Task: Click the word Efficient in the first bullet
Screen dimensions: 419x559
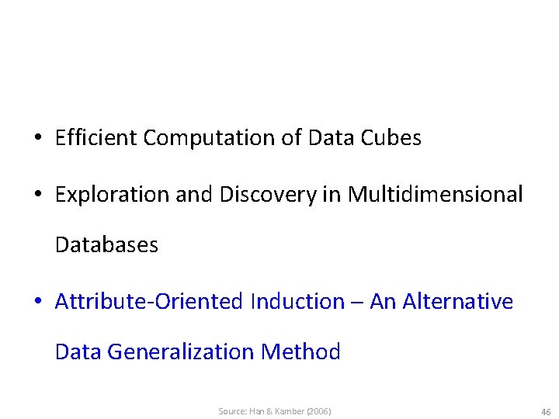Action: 96,138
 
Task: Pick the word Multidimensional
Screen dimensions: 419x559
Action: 436,194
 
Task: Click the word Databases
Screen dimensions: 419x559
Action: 106,245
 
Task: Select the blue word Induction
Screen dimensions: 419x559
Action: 297,301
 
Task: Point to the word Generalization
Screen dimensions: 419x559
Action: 181,352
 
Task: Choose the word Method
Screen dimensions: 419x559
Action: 301,352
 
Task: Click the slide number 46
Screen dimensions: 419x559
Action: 546,411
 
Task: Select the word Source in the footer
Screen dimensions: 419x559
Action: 231,411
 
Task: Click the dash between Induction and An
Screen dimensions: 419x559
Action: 357,303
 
